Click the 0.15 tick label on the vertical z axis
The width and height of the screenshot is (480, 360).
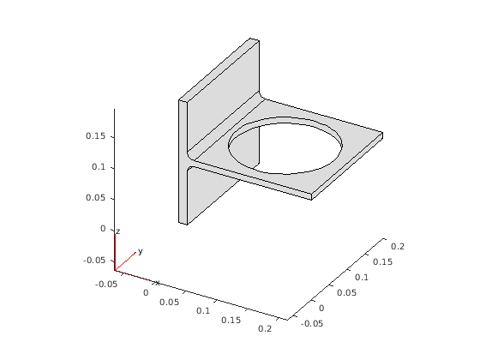point(95,136)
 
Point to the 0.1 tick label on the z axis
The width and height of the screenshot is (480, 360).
point(99,167)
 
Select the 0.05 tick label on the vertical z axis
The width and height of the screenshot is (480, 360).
point(95,198)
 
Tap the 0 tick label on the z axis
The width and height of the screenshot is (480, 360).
point(103,229)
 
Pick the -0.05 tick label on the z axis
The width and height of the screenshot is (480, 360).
point(94,261)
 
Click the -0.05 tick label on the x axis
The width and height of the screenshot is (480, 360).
point(106,285)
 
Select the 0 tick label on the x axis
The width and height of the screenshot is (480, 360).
point(146,293)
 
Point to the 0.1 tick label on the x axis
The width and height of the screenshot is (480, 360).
point(203,311)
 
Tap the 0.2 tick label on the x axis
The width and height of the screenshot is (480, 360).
point(265,329)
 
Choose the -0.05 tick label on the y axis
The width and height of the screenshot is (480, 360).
point(312,324)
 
